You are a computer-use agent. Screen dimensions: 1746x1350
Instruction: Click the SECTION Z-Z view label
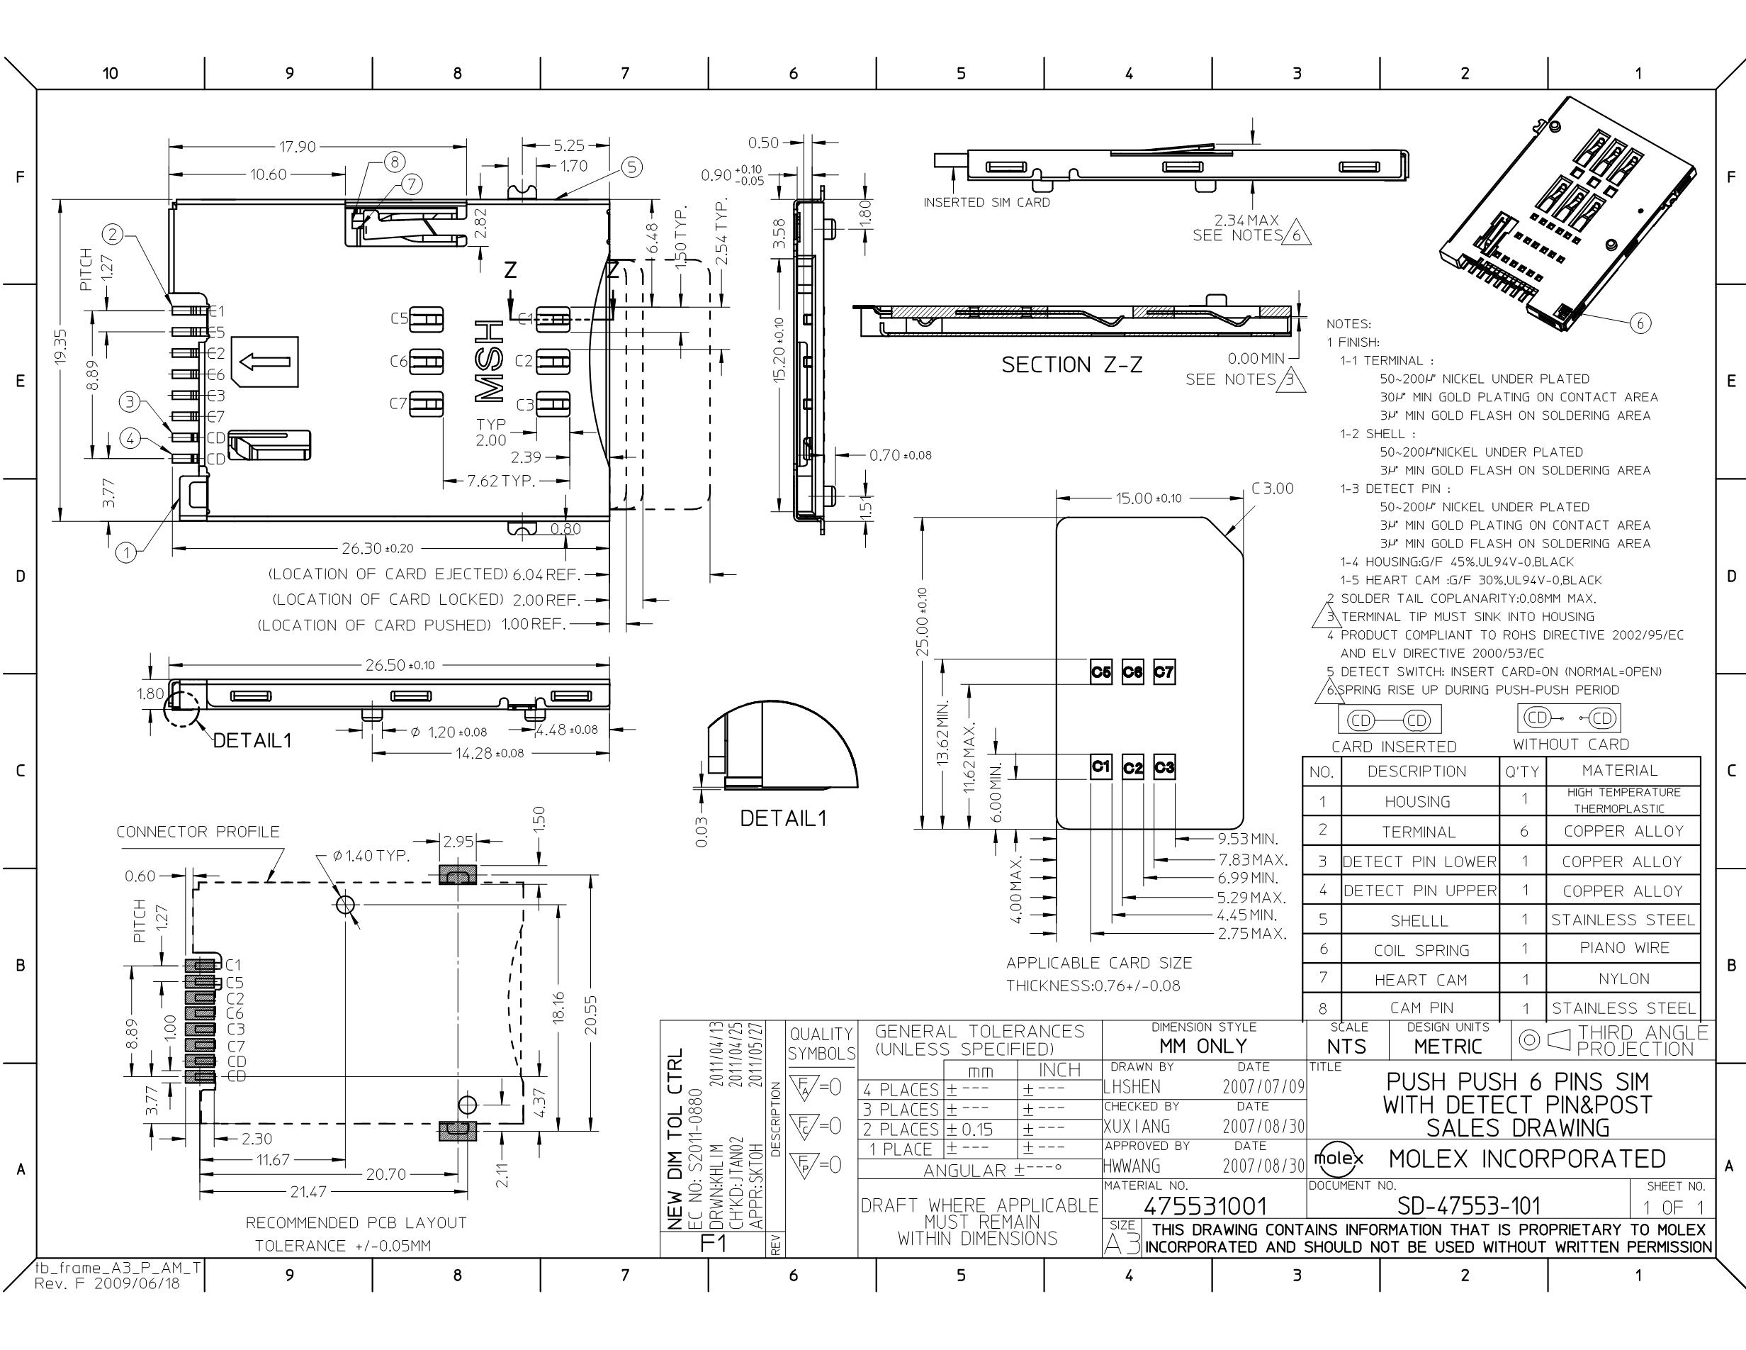(1071, 364)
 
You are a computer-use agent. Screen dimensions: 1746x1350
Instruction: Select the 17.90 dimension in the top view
(297, 146)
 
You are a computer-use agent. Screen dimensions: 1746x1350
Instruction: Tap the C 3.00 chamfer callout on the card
(1272, 488)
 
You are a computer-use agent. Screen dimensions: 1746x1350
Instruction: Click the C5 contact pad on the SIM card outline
(1101, 671)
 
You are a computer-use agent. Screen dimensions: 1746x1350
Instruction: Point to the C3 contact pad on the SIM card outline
(1164, 767)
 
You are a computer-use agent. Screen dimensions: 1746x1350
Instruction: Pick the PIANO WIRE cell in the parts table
(1623, 948)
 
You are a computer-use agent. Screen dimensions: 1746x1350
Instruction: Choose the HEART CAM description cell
(1420, 980)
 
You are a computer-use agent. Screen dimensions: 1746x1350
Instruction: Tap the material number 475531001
(1205, 1205)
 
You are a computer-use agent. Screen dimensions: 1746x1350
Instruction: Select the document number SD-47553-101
(1469, 1205)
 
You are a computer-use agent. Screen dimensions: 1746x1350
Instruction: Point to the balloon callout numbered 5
(631, 167)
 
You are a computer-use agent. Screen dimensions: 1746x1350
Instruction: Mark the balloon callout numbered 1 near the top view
(126, 551)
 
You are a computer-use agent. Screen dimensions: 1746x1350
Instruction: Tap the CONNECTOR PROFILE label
(198, 832)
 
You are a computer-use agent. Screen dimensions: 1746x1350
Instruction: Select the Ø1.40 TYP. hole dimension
(371, 856)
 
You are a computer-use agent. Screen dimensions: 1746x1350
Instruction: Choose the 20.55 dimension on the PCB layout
(591, 1014)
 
